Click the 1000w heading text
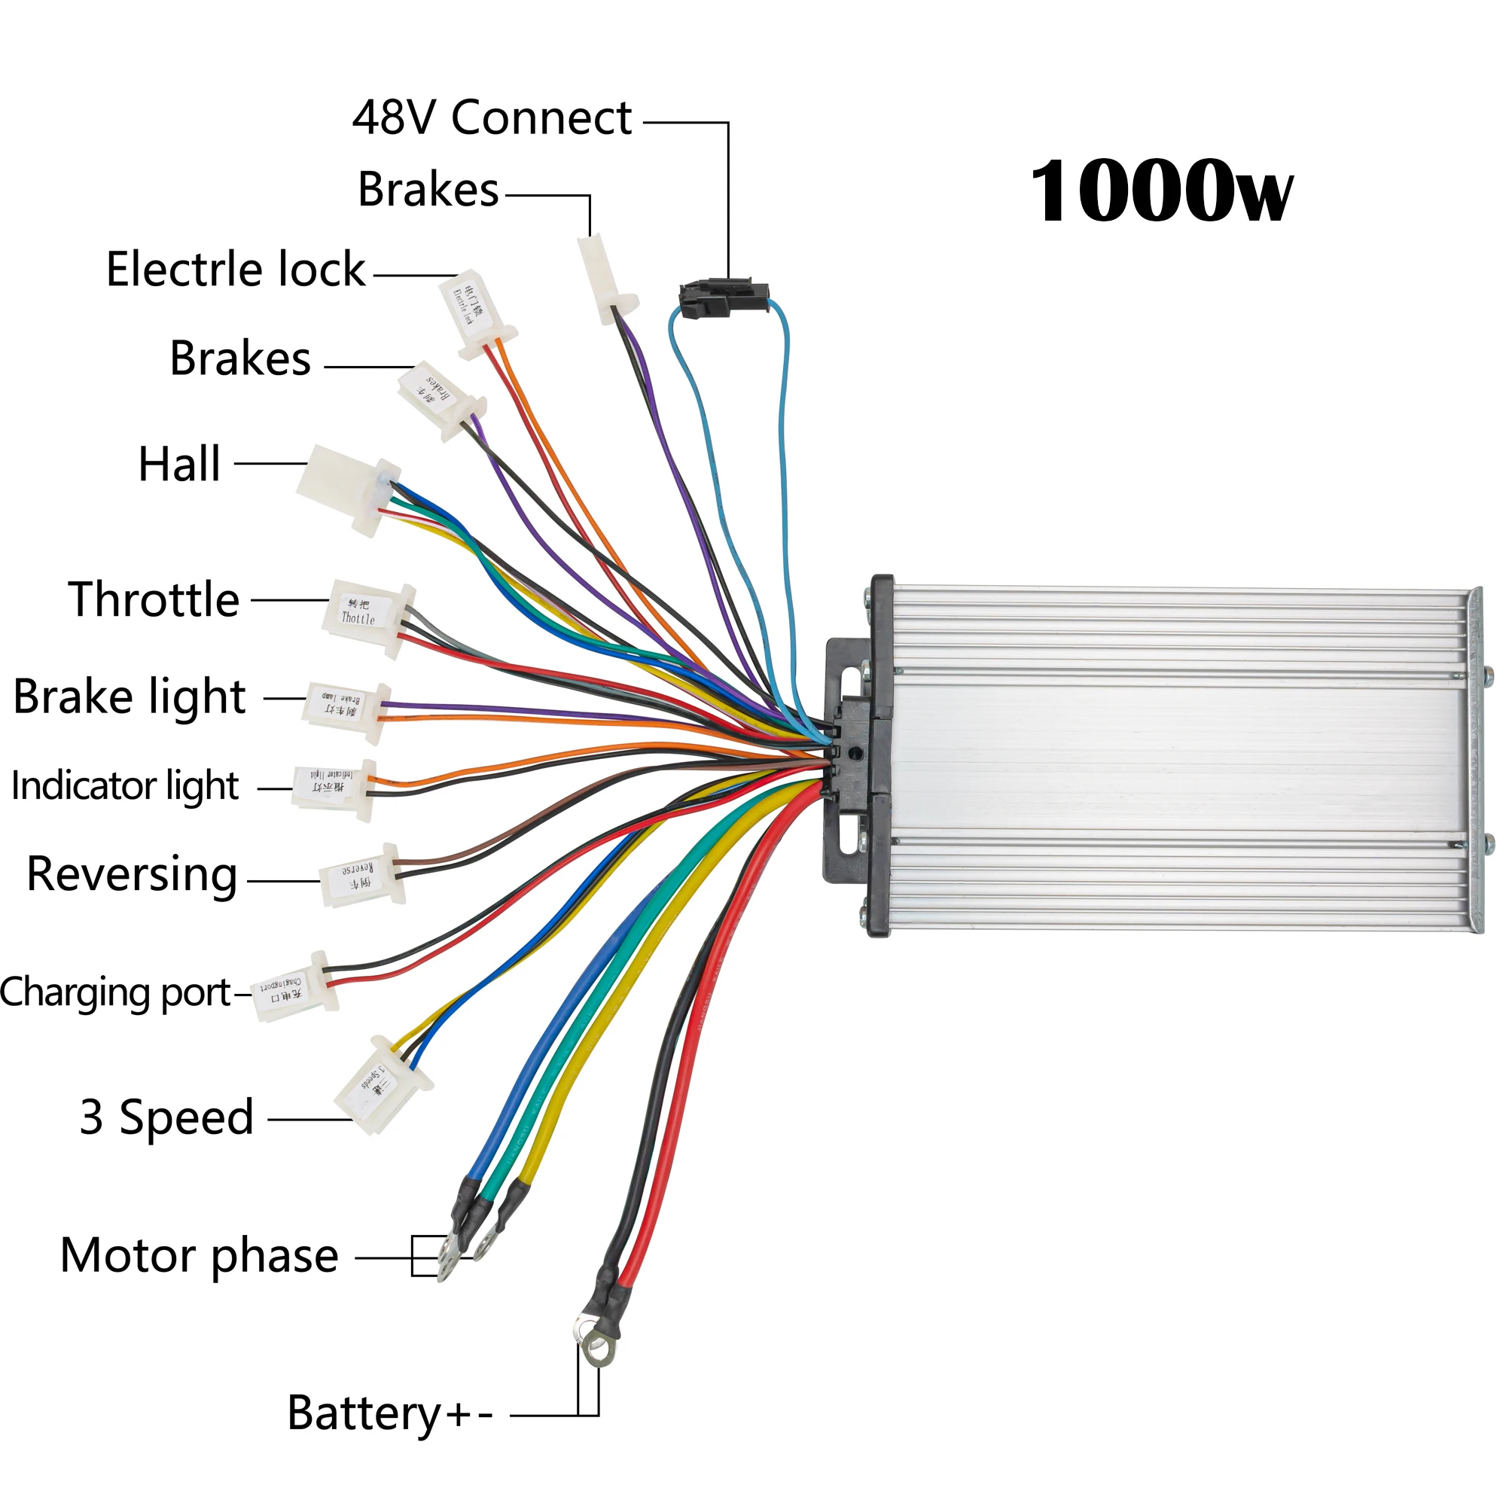1160,192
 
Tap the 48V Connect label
492,118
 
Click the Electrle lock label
236,270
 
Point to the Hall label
179,465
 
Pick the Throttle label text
154,599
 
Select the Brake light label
130,697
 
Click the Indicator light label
125,785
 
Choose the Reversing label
132,873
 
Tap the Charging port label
115,993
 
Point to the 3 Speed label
167,1117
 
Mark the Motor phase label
200,1256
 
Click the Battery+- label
390,1413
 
